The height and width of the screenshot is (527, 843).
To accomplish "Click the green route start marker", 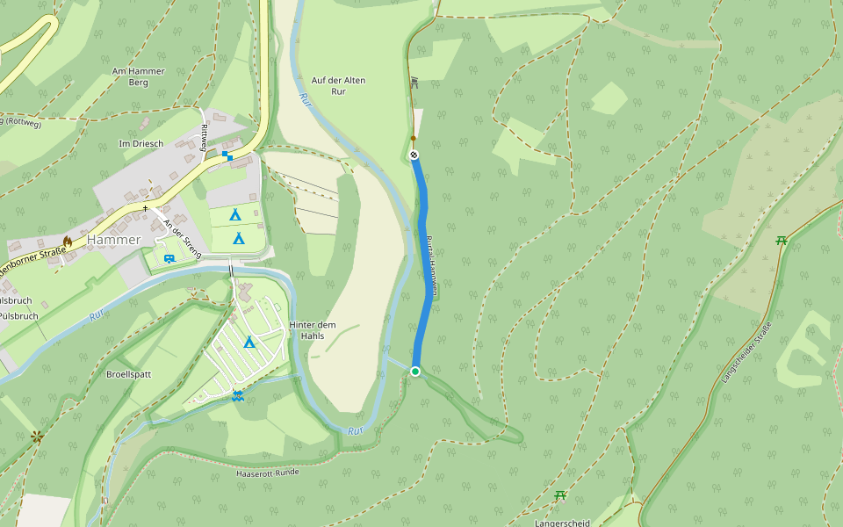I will [x=415, y=372].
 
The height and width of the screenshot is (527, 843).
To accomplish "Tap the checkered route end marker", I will [x=414, y=155].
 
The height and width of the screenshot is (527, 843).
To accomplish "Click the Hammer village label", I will [x=113, y=240].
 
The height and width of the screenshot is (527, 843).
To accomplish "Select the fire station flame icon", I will [x=68, y=240].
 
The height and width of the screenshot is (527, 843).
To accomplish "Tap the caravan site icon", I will [x=168, y=257].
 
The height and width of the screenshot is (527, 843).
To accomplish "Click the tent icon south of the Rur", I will [x=249, y=342].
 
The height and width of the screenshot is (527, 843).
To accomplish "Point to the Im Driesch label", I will [x=141, y=143].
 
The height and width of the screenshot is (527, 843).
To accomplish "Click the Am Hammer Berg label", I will [x=130, y=77].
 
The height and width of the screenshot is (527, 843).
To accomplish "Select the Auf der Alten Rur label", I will [x=338, y=85].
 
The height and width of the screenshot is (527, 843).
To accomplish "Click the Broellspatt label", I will [x=128, y=374].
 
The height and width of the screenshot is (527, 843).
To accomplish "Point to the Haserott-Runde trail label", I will [x=268, y=473].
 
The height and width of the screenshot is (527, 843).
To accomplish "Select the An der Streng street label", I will [x=182, y=238].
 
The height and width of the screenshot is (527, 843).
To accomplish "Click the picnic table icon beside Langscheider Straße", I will [x=781, y=241].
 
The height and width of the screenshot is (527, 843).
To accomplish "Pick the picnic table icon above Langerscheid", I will [x=560, y=495].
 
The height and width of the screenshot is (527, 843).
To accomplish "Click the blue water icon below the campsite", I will [x=237, y=396].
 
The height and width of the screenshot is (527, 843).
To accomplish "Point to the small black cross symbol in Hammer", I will [x=146, y=208].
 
